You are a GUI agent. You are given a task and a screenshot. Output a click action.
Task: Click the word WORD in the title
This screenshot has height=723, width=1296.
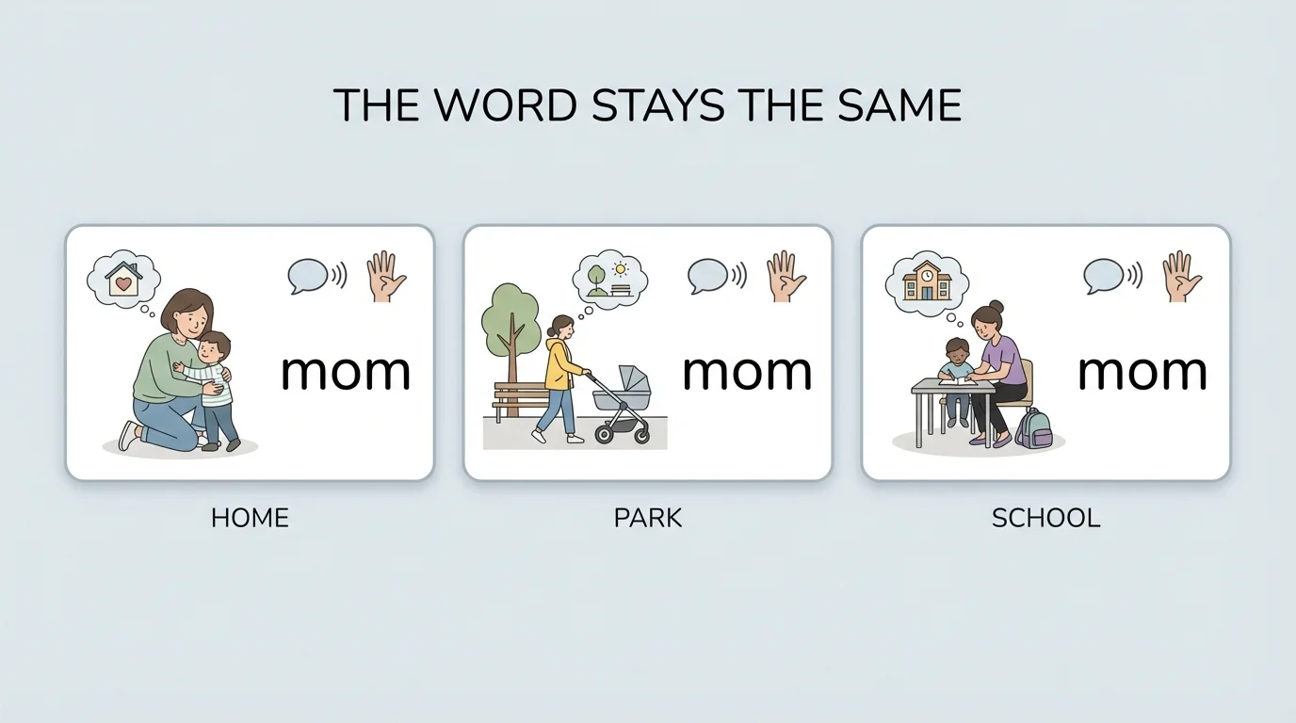coord(506,104)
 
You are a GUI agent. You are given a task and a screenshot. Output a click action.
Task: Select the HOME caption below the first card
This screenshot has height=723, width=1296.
coord(250,518)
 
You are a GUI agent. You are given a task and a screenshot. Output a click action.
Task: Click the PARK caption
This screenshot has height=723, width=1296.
coord(648,518)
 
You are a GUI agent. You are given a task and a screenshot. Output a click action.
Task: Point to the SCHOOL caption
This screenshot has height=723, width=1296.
coord(1045,518)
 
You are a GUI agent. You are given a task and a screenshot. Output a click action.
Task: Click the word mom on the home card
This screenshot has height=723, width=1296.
coord(346,372)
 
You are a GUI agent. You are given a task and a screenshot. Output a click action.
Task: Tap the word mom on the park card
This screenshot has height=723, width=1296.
coord(747,372)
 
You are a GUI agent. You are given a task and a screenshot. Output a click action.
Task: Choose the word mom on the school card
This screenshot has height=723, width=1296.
coord(1142,372)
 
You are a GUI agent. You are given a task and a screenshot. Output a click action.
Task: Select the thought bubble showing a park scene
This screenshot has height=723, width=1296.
coord(610,277)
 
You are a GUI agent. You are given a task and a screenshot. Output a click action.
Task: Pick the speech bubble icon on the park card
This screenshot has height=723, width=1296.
coord(707,276)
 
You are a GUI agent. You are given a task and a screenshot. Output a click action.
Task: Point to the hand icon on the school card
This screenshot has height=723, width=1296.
coord(1183,276)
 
